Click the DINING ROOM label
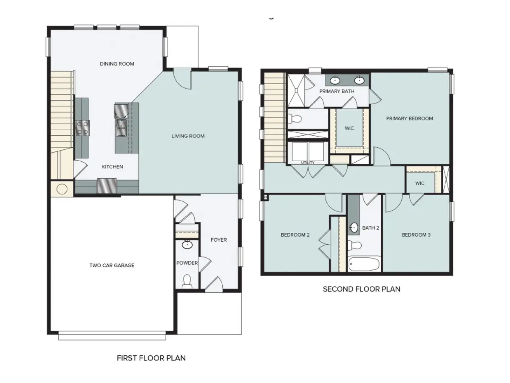tap(117, 64)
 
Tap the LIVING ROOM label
tap(188, 136)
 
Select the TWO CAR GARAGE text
tap(112, 266)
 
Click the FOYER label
tap(218, 240)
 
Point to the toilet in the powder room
tap(187, 280)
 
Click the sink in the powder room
tap(187, 245)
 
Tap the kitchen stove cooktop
tap(82, 128)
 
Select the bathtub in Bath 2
tap(364, 264)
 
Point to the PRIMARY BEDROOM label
tap(409, 118)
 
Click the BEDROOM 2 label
tap(295, 235)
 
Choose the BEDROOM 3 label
tap(416, 235)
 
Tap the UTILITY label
tap(308, 163)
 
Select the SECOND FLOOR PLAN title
tap(361, 289)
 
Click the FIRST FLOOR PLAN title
tap(151, 358)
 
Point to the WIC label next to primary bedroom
tap(349, 128)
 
